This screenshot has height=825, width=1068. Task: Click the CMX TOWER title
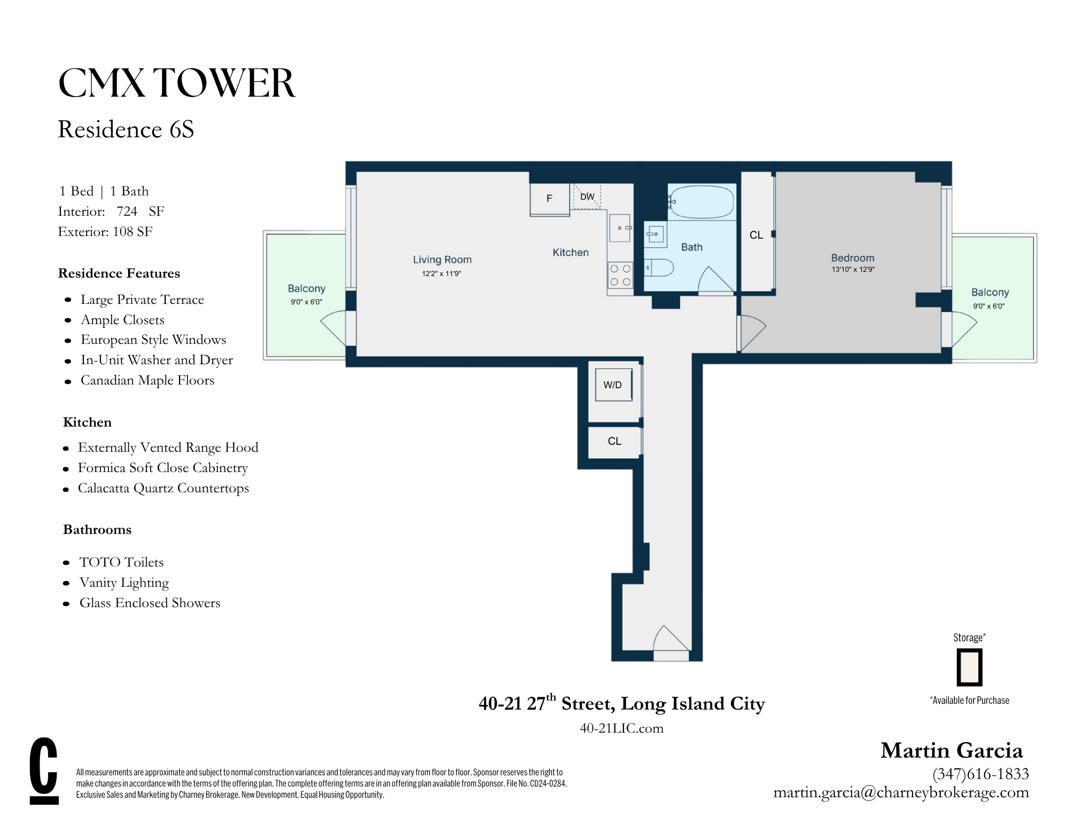point(176,83)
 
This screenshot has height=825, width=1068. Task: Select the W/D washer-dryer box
point(613,384)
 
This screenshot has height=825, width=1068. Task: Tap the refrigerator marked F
point(549,199)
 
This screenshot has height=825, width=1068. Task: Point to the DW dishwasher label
point(587,197)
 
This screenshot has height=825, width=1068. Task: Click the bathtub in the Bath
point(701,202)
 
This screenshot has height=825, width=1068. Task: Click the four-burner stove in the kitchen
point(620,276)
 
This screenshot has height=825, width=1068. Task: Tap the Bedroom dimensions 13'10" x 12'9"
point(853,270)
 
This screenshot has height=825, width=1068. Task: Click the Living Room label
point(442,260)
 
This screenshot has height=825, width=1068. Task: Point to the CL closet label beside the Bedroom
point(756,235)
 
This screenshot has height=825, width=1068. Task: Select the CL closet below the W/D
point(614,441)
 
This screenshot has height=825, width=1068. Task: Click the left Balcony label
point(306,288)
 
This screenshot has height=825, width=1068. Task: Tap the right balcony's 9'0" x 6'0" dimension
point(988,307)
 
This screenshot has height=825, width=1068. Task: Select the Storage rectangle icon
point(969,667)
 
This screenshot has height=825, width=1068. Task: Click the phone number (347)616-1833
point(980,774)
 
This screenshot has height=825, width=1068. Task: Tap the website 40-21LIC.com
point(621,728)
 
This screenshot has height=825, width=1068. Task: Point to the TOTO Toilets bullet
point(121,562)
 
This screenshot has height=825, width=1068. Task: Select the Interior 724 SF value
point(127,211)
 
